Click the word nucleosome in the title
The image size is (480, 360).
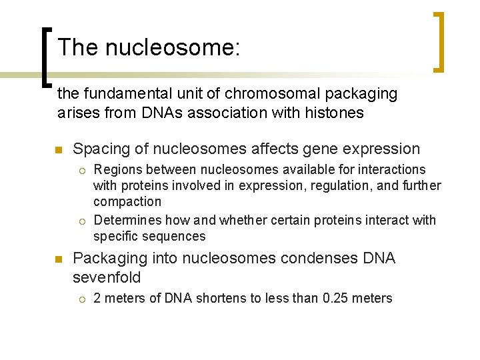click(x=171, y=47)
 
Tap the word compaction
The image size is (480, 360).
click(x=127, y=201)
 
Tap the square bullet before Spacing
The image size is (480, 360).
click(x=59, y=149)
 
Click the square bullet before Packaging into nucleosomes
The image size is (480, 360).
click(x=59, y=259)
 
